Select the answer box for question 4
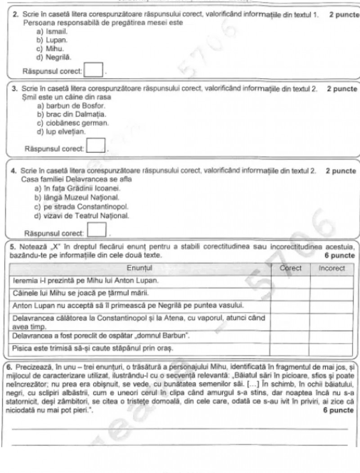[96, 231]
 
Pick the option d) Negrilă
[54, 57]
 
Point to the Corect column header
[290, 268]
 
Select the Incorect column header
[332, 268]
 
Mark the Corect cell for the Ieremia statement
[290, 281]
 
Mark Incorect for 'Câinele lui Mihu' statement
[332, 293]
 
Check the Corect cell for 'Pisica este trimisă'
[290, 348]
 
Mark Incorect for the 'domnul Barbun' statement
[332, 336]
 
